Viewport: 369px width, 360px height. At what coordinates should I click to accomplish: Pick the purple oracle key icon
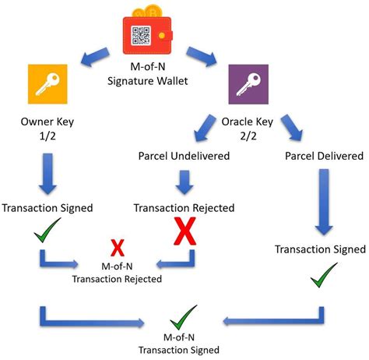coord(248,86)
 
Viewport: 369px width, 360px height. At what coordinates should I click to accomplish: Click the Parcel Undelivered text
coord(184,156)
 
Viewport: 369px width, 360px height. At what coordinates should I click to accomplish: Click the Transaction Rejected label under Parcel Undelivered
coord(184,208)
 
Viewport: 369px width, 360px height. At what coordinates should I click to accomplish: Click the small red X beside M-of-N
coord(118,248)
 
